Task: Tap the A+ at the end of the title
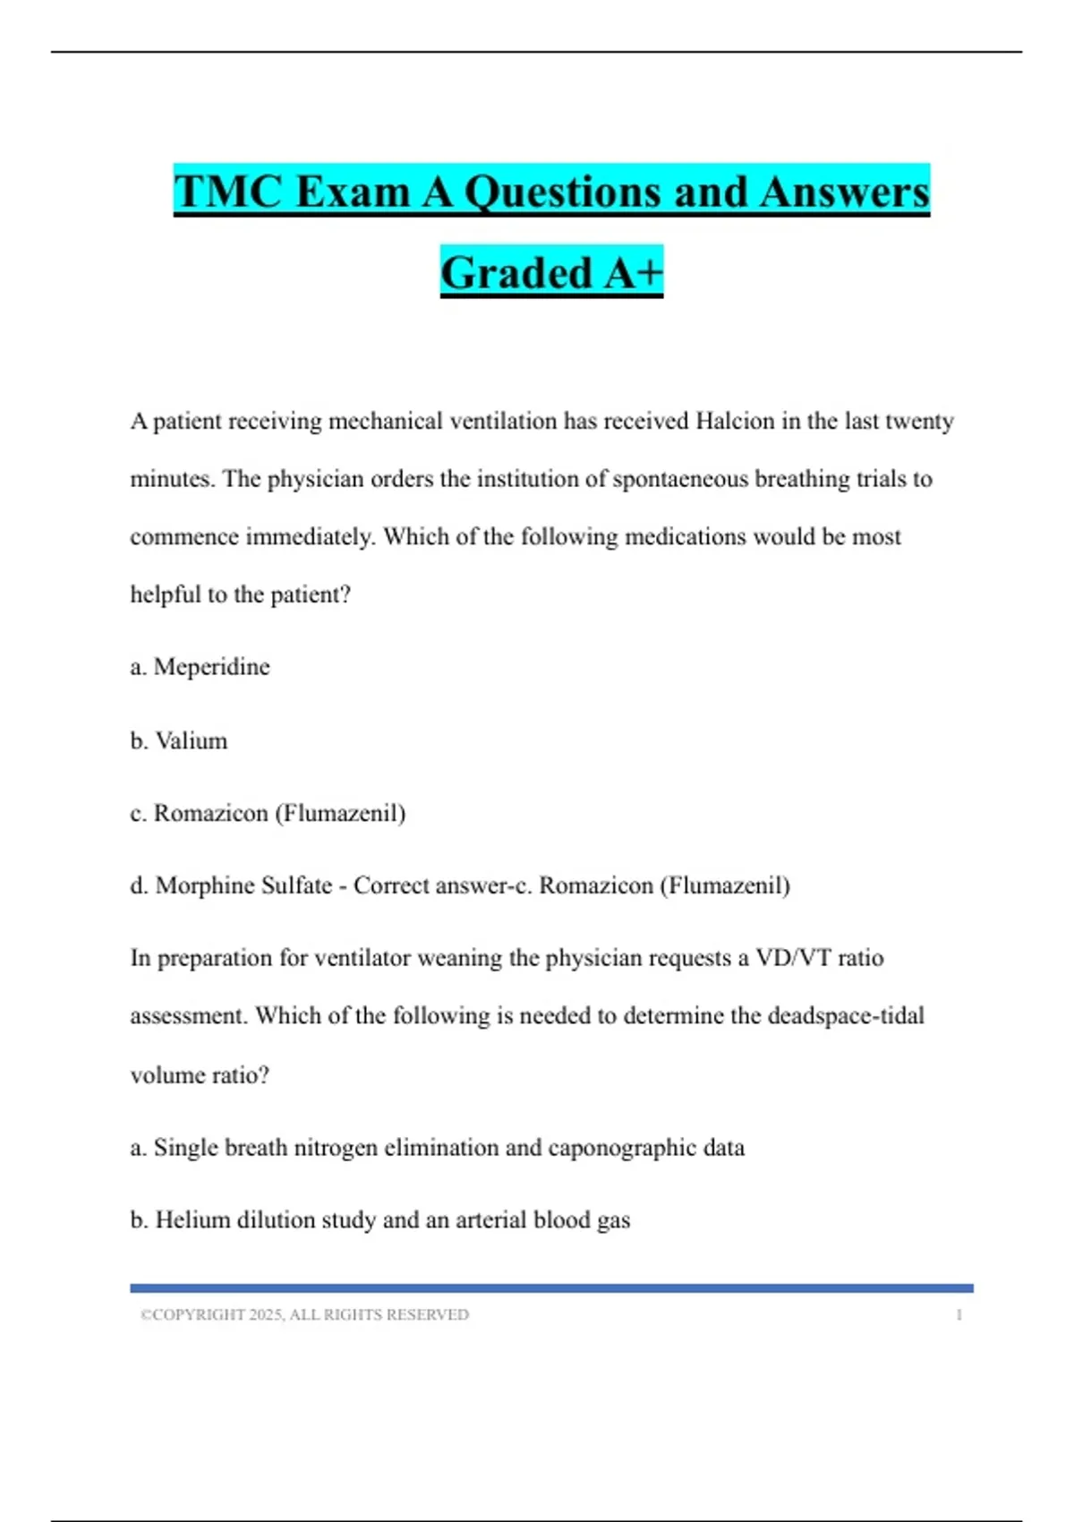click(633, 273)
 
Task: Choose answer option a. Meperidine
click(200, 667)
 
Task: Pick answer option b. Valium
click(179, 741)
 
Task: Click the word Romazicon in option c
click(210, 813)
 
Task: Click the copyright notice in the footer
click(304, 1315)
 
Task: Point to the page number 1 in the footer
click(959, 1315)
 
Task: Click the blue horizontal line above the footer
click(551, 1288)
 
